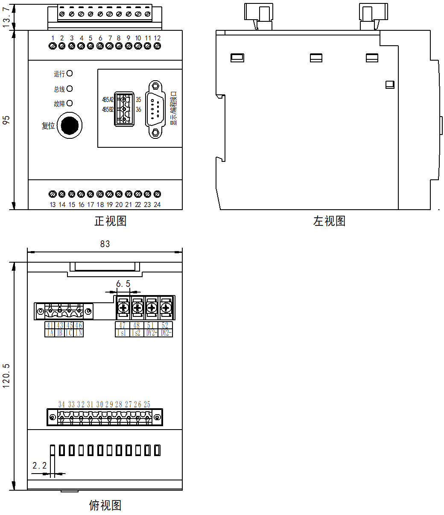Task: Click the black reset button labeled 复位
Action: pos(70,126)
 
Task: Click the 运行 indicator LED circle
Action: pos(70,73)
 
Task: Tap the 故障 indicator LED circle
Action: pos(70,103)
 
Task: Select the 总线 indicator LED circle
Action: pos(70,88)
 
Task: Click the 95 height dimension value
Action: pos(6,120)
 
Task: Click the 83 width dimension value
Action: pos(105,244)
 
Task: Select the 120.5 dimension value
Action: pos(6,376)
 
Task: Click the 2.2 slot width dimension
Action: pos(40,466)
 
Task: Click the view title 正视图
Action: pos(110,221)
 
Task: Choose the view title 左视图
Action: pos(329,221)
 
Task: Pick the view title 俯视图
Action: pos(105,506)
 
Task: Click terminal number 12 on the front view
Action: pos(157,38)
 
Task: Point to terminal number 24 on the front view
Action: pos(157,205)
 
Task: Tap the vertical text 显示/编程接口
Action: pos(173,108)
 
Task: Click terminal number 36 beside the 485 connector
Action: pos(138,110)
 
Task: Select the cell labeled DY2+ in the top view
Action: pos(152,333)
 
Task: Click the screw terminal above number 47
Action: pos(123,307)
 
